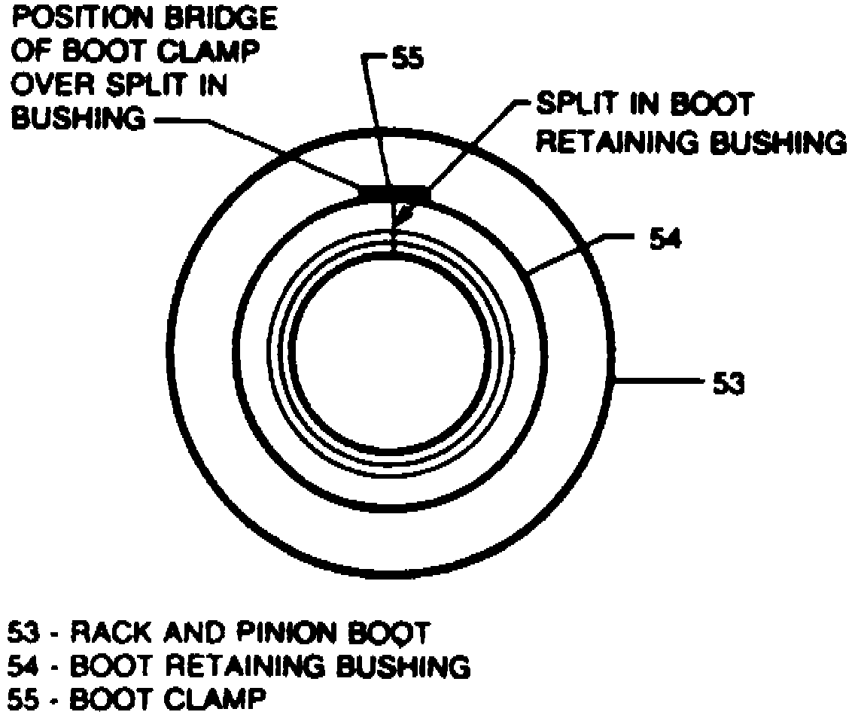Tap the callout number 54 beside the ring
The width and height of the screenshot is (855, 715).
click(x=665, y=240)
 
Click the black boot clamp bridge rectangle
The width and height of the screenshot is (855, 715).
click(x=395, y=194)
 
